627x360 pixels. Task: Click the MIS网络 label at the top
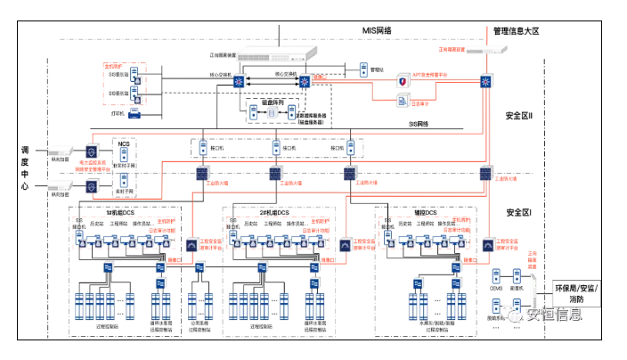point(377,29)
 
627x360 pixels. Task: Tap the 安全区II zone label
point(518,116)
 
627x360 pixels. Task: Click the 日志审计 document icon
point(402,96)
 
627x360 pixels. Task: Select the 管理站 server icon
point(363,69)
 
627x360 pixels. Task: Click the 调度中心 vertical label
point(25,168)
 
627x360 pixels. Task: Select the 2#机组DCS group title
point(272,213)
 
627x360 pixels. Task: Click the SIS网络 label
point(418,125)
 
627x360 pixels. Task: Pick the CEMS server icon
point(497,272)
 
